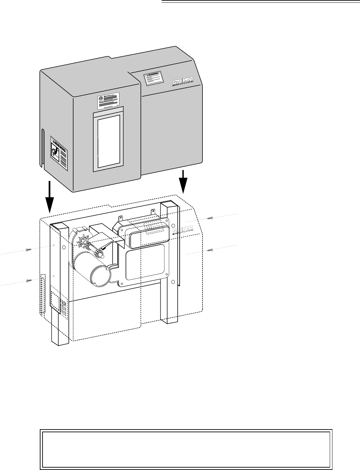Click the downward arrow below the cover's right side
pyautogui.click(x=184, y=181)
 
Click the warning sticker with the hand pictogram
pyautogui.click(x=59, y=154)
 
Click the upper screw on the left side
pyautogui.click(x=28, y=251)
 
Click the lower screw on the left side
pyautogui.click(x=28, y=281)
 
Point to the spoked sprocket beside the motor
pyautogui.click(x=84, y=242)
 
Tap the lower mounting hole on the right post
pyautogui.click(x=174, y=282)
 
